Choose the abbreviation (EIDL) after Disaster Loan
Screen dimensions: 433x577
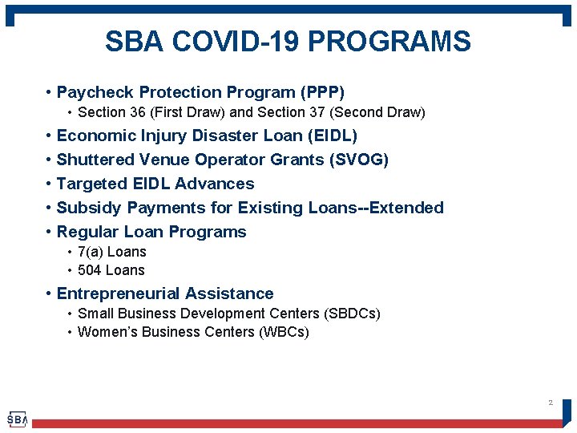(329, 136)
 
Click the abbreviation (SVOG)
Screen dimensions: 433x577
(359, 160)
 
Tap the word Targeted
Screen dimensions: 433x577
(90, 184)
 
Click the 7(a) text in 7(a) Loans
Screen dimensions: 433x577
(91, 252)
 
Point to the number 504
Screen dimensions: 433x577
(90, 270)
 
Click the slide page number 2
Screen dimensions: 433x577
(550, 403)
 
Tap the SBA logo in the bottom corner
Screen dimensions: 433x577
(17, 419)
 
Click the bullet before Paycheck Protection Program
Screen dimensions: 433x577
(50, 93)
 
